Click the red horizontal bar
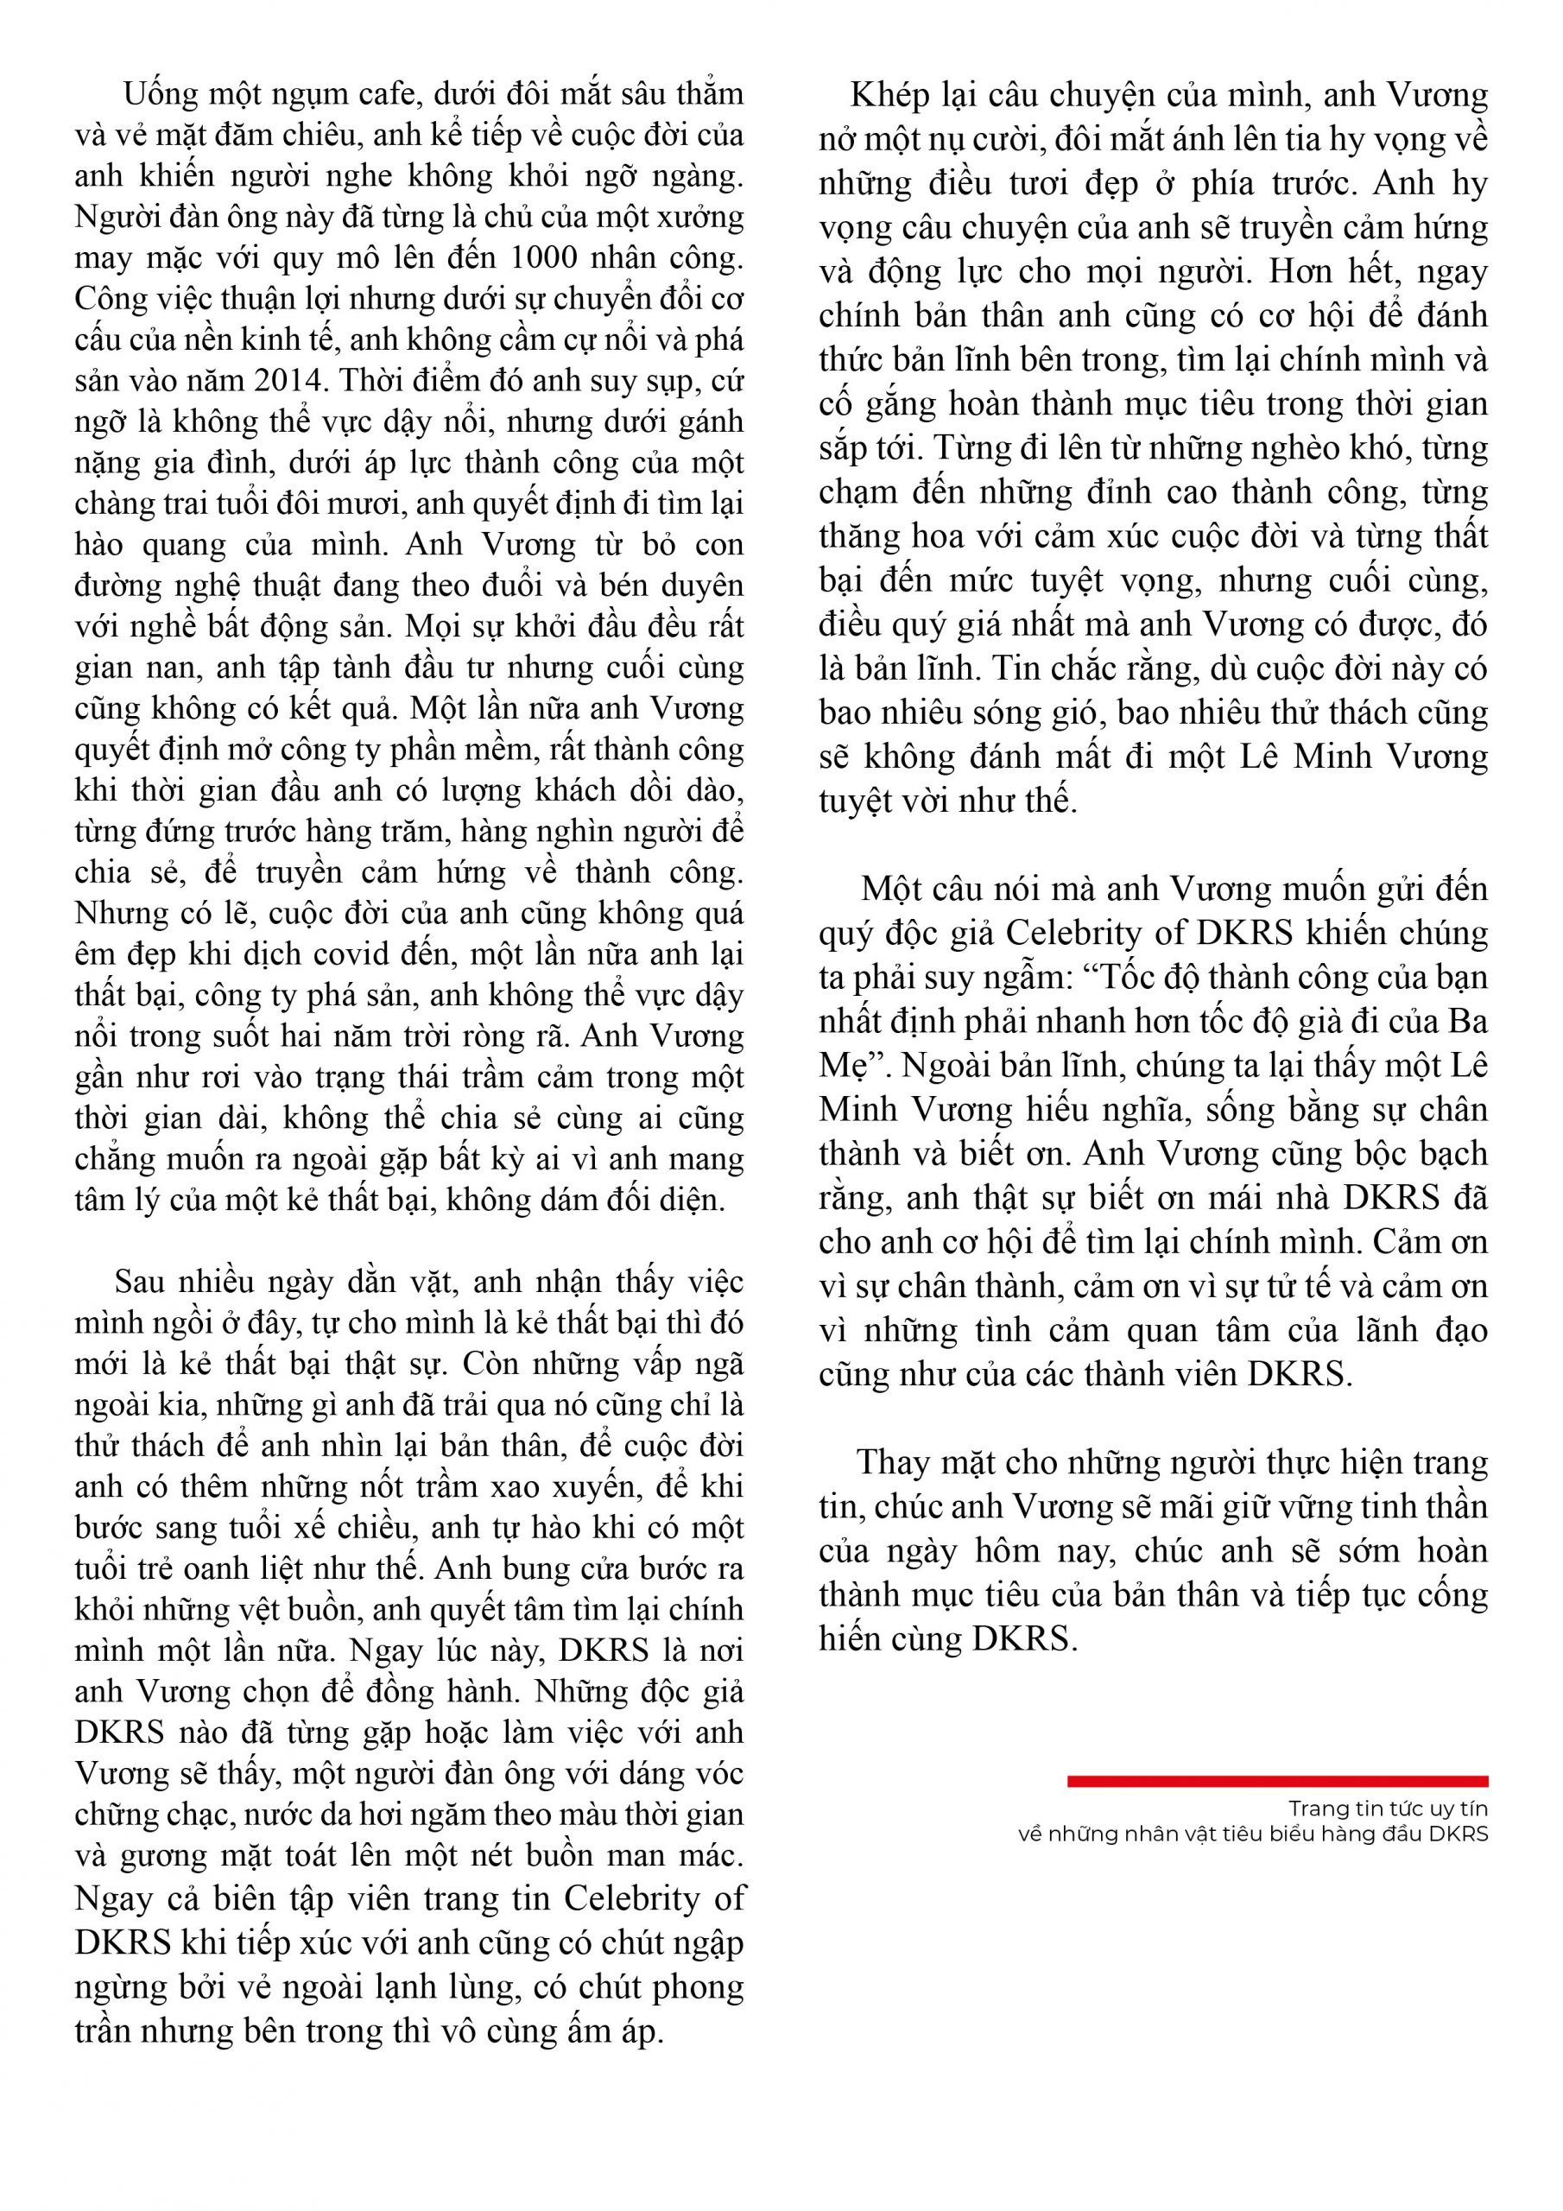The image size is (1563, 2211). (x=1277, y=1782)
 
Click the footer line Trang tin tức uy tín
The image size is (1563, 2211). (x=1388, y=1809)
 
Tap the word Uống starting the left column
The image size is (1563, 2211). (x=160, y=95)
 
